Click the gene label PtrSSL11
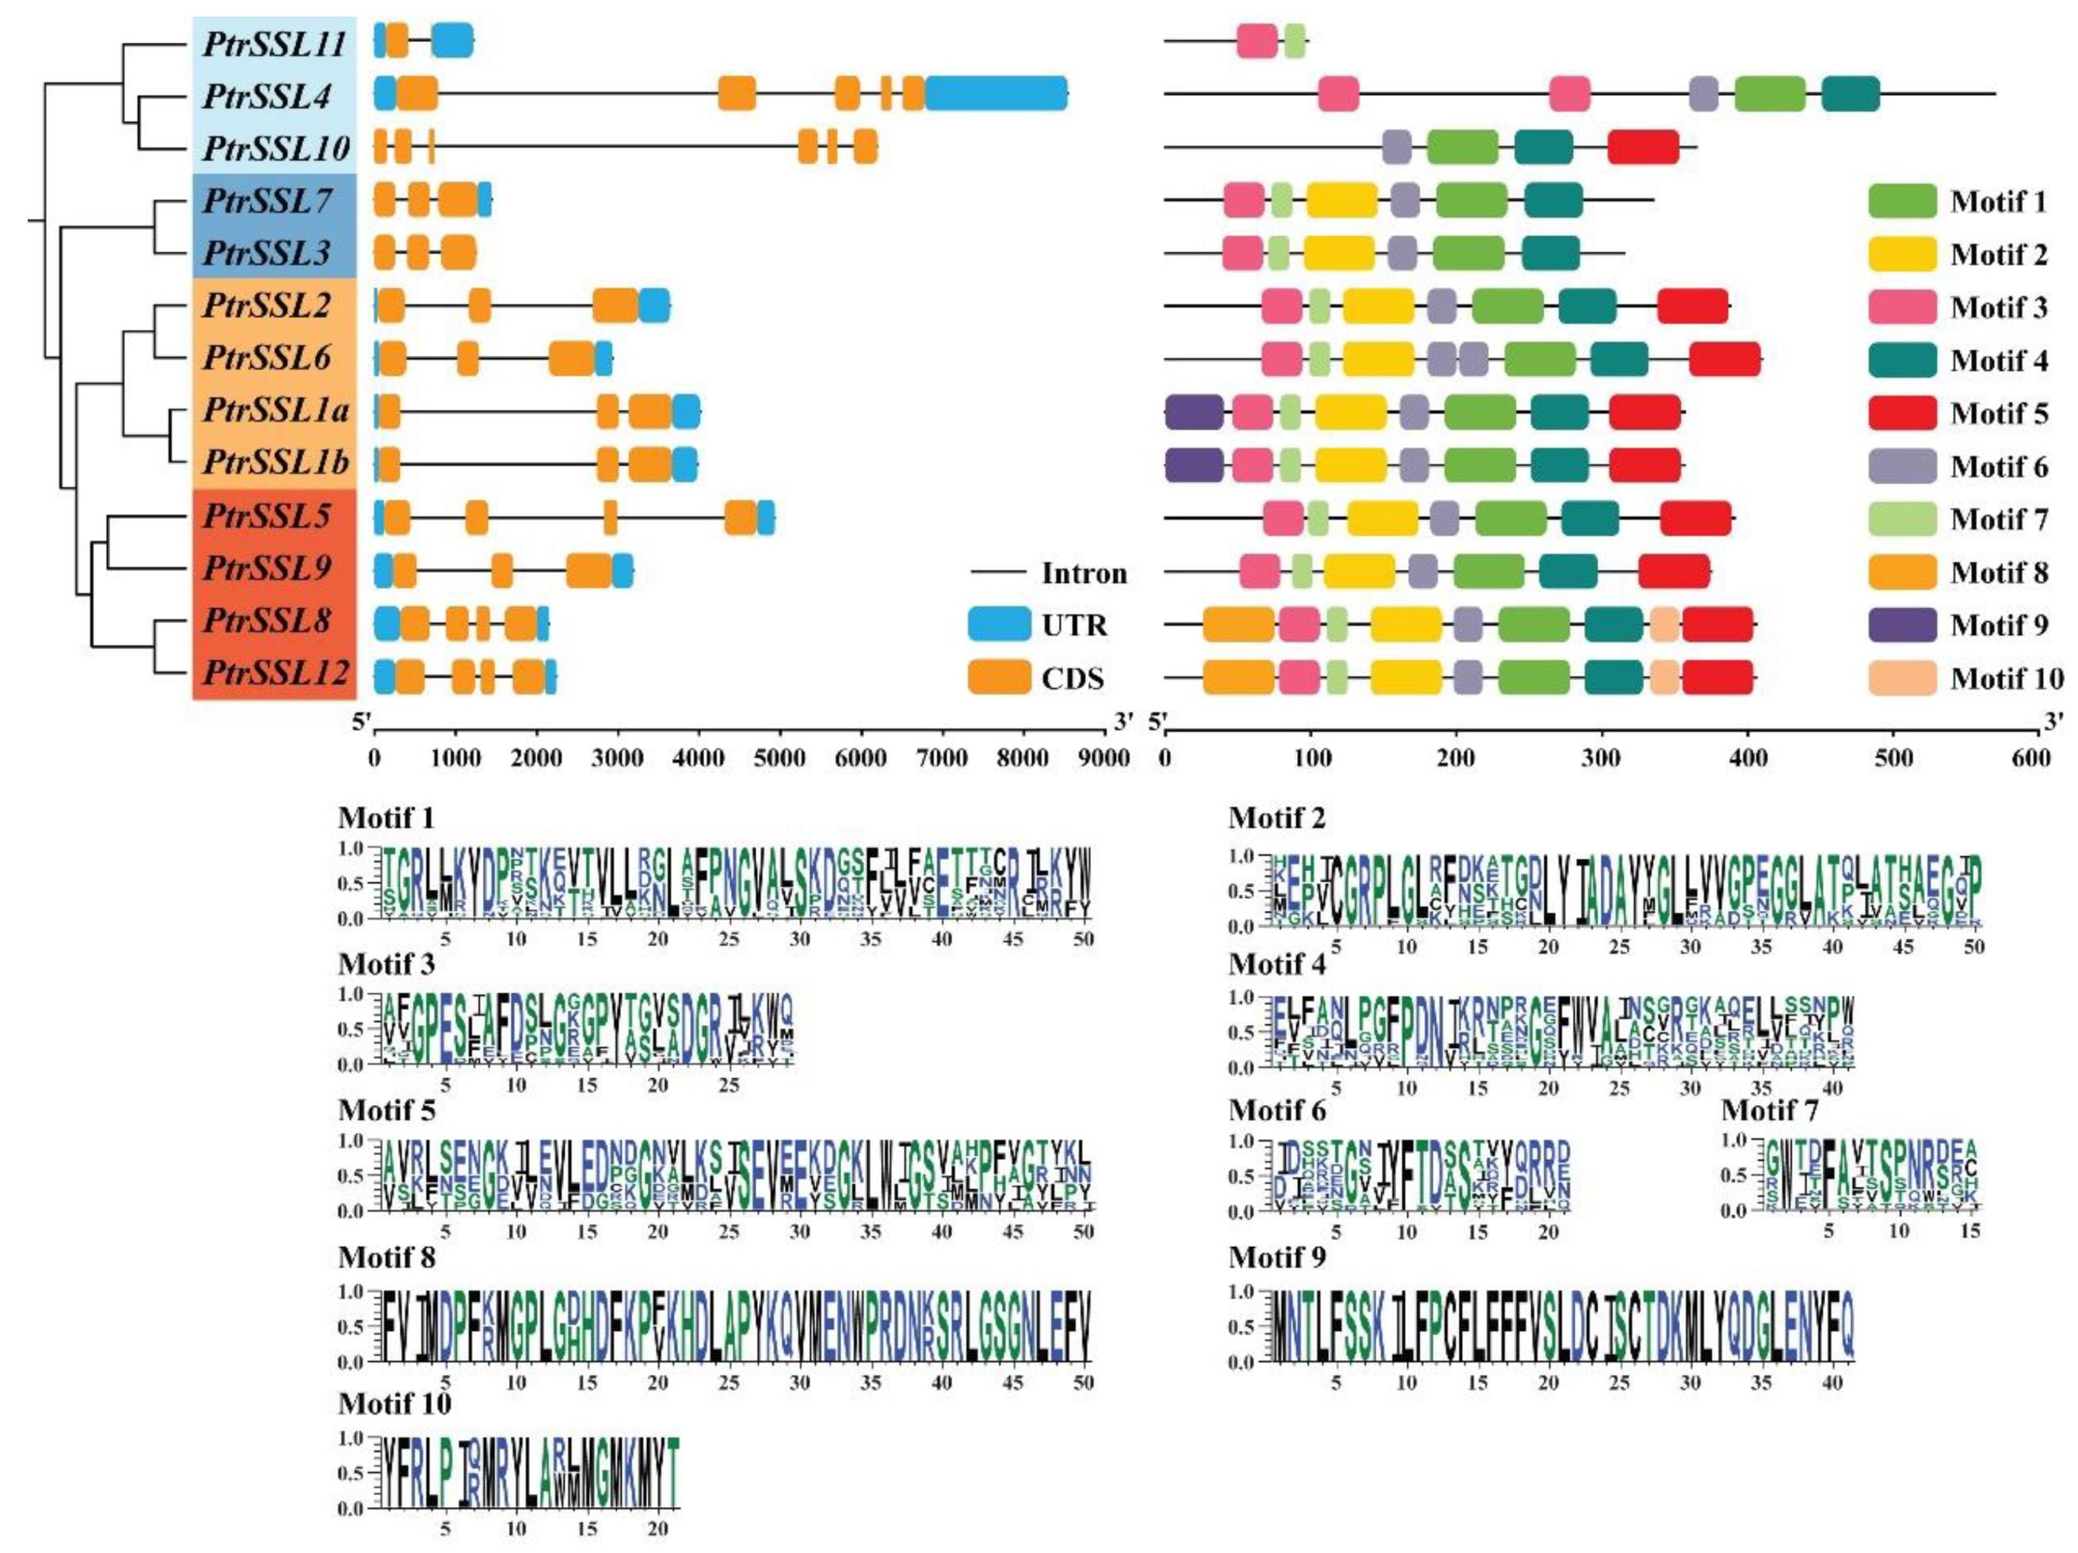point(274,44)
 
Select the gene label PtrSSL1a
point(275,411)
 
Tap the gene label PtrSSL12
point(275,674)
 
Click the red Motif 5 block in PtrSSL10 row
point(1643,147)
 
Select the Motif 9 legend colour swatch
point(1902,625)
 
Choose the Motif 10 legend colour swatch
point(1902,677)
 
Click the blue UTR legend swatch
point(999,625)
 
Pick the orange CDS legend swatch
point(999,677)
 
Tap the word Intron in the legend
point(1083,573)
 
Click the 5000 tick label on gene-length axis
point(779,757)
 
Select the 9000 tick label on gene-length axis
point(1104,757)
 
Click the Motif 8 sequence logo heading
point(386,1257)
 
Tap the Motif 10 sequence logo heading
point(395,1404)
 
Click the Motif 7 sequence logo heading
point(1769,1111)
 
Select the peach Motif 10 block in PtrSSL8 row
point(1665,625)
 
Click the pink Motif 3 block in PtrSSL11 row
point(1257,41)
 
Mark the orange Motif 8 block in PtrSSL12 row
point(1238,677)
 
